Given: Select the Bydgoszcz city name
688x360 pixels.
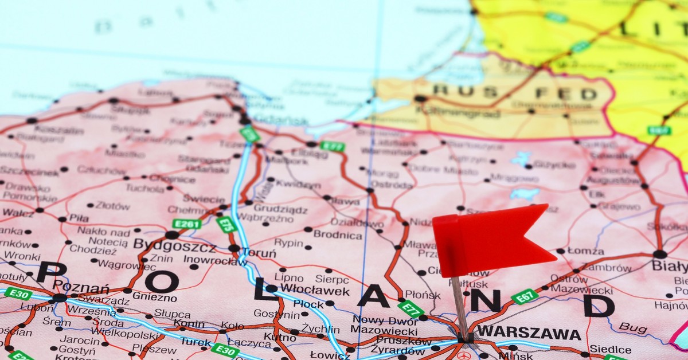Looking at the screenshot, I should (x=174, y=246).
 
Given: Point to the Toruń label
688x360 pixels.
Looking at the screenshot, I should (x=259, y=253).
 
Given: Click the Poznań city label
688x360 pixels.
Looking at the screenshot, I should (x=80, y=288).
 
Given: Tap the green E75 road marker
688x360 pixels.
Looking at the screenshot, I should (x=227, y=224).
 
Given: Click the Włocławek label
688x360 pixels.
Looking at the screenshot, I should (x=315, y=290).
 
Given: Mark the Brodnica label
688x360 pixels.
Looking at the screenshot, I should (x=338, y=235).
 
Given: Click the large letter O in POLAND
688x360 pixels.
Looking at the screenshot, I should (x=161, y=281).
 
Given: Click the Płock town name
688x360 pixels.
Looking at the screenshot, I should (x=308, y=303).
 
